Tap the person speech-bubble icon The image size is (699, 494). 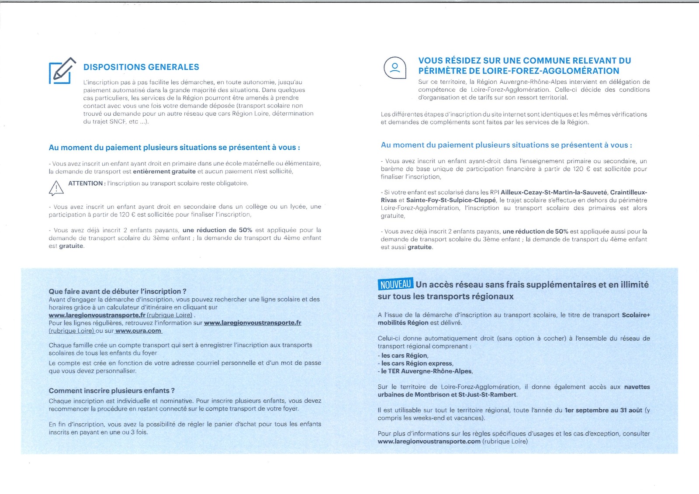(394, 68)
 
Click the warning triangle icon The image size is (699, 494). (56, 188)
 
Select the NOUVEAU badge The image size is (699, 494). (395, 284)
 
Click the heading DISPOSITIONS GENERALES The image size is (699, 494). (141, 67)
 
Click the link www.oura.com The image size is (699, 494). (138, 331)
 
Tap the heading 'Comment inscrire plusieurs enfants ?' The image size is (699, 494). (111, 391)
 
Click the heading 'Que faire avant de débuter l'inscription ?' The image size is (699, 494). (118, 291)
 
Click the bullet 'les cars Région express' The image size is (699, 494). (417, 363)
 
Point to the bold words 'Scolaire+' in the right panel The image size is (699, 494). (636, 315)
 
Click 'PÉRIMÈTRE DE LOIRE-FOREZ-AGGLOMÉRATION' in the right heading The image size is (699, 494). (519, 71)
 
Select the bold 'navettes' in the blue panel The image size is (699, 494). (637, 387)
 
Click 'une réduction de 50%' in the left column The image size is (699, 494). (218, 230)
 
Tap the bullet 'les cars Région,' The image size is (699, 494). (405, 356)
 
